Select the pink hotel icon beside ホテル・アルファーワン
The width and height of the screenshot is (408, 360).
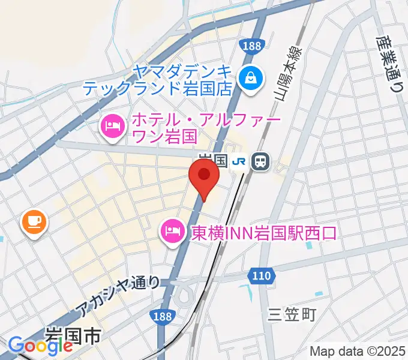[x=112, y=127]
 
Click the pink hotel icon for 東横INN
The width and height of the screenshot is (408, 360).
[x=172, y=232]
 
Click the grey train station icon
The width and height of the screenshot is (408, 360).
[x=260, y=161]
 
